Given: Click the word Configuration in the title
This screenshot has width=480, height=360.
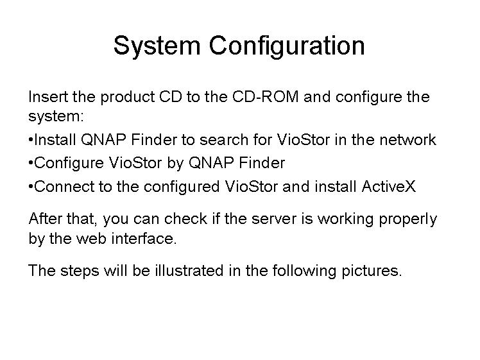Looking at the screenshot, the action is pyautogui.click(x=287, y=46).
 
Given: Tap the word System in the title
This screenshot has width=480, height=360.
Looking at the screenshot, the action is pyautogui.click(x=157, y=46).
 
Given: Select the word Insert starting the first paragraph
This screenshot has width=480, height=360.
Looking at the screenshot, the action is pyautogui.click(x=48, y=97).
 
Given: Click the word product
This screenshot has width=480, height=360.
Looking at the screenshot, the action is pyautogui.click(x=127, y=98).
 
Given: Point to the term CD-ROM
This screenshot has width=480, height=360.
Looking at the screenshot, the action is pyautogui.click(x=265, y=97).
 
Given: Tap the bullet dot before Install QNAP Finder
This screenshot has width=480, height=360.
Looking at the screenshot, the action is pyautogui.click(x=31, y=140).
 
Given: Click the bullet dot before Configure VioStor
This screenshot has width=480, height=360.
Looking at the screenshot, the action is pyautogui.click(x=31, y=163).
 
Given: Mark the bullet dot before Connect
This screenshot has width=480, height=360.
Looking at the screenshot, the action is pyautogui.click(x=31, y=187).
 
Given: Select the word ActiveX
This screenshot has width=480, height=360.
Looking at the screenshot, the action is pyautogui.click(x=388, y=187).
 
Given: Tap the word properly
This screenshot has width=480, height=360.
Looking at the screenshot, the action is pyautogui.click(x=408, y=220).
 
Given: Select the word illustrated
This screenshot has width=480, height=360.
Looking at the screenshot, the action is pyautogui.click(x=189, y=271).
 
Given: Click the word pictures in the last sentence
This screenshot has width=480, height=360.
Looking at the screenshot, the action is pyautogui.click(x=372, y=271).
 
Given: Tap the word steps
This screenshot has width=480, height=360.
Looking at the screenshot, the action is pyautogui.click(x=80, y=271).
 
